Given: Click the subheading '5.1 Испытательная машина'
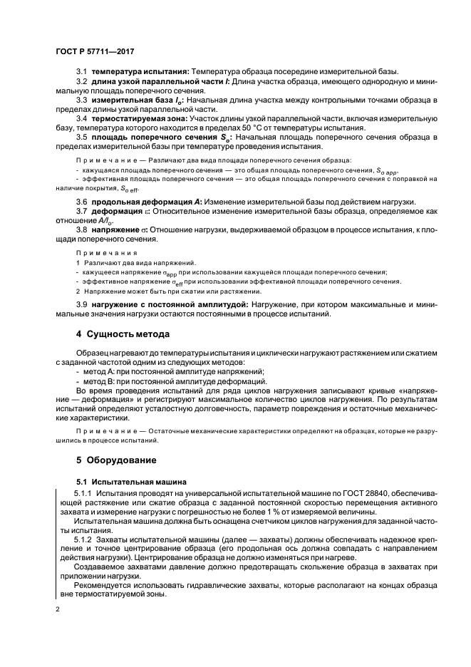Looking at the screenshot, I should pyautogui.click(x=132, y=481).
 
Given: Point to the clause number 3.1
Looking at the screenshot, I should pyautogui.click(x=81, y=73).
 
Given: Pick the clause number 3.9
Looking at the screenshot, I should pyautogui.click(x=81, y=304).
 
